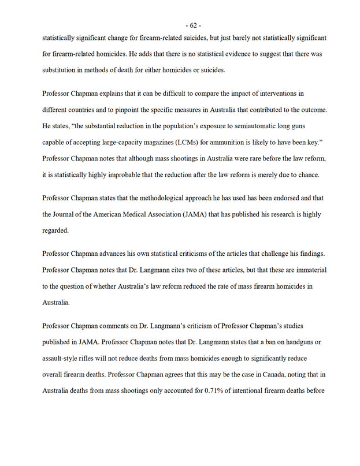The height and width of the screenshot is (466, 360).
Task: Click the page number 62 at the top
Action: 192,25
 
